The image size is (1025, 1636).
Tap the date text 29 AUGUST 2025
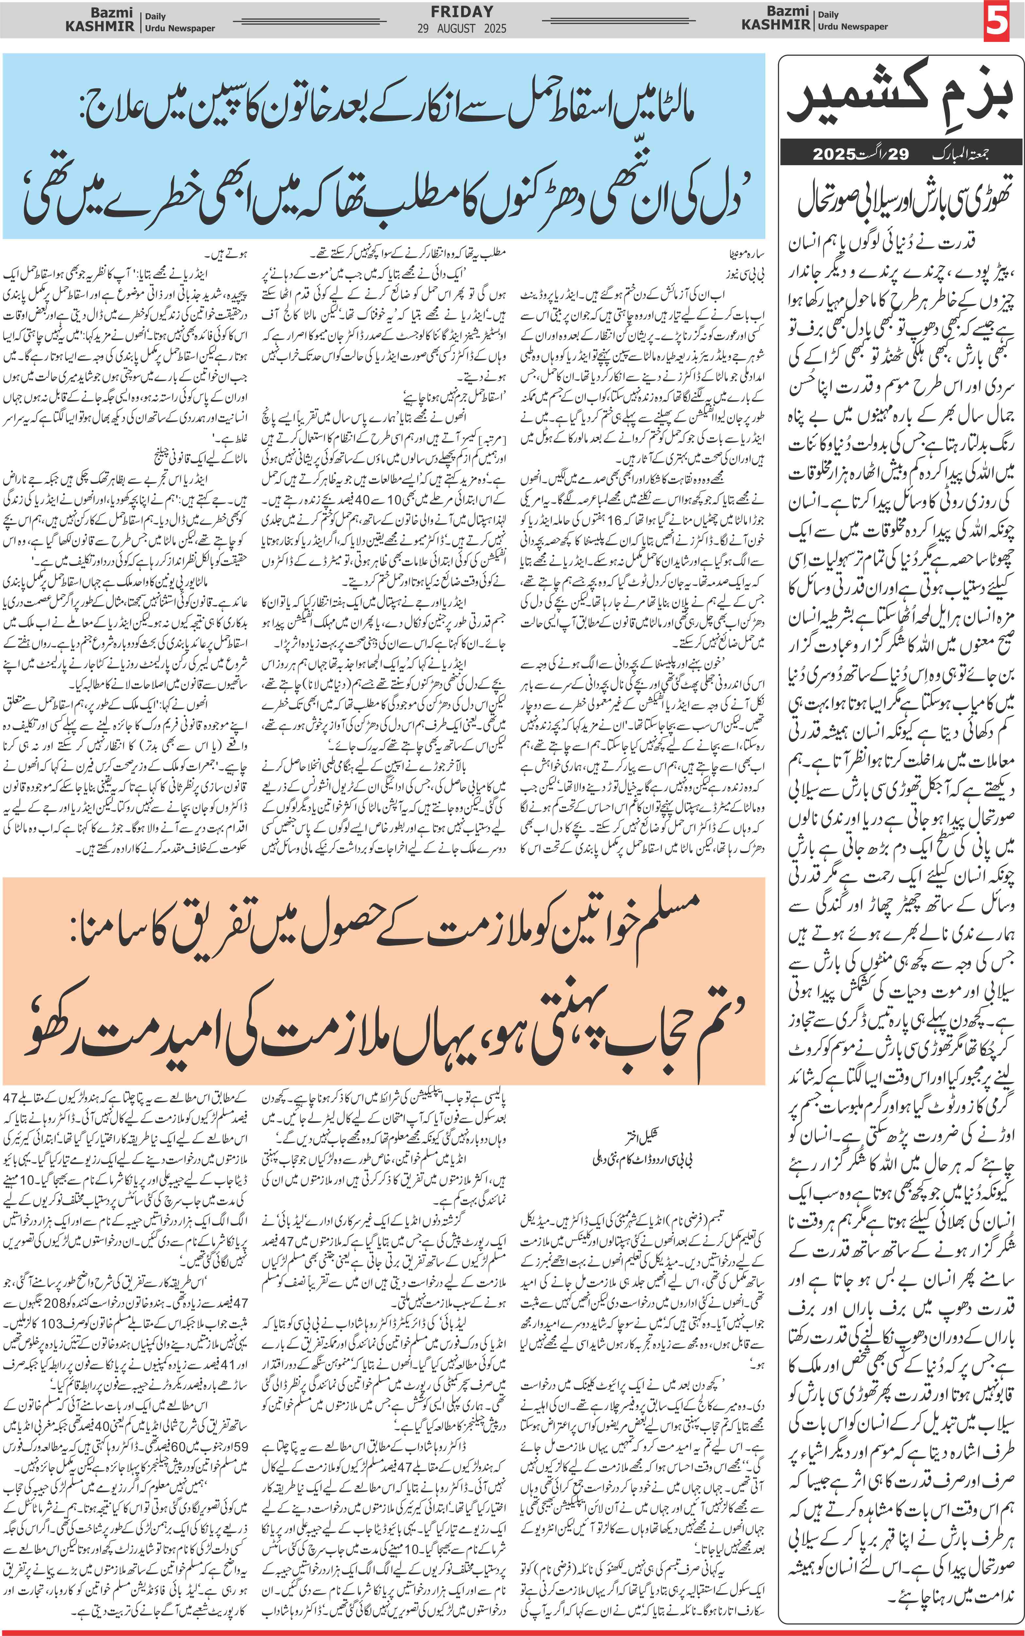coord(462,28)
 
